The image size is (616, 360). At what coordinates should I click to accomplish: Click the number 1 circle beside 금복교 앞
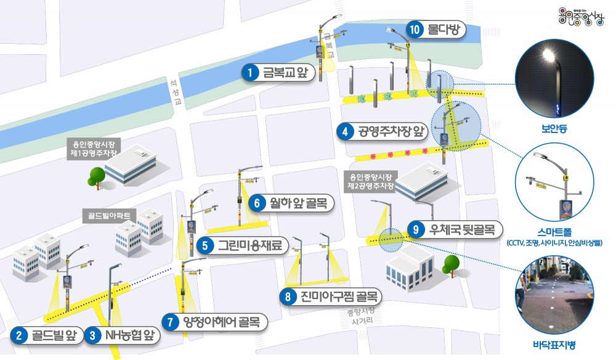coord(249,73)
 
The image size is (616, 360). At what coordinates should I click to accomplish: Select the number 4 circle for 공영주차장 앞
coord(346,131)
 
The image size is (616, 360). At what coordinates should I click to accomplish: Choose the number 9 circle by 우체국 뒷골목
coord(417,230)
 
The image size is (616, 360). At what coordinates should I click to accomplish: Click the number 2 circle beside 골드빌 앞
coord(20,336)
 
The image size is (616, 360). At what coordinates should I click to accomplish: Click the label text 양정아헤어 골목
coord(221,322)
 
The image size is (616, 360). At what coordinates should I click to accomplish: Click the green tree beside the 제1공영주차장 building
coord(96,175)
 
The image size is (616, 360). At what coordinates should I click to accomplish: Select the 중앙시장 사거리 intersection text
coord(359,316)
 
